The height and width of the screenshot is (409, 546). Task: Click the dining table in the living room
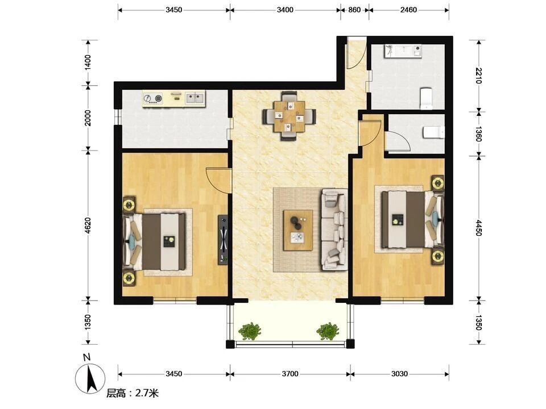pos(289,116)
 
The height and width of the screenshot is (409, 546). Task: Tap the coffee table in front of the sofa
pos(297,230)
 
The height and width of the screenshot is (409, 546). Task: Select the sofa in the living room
pos(334,229)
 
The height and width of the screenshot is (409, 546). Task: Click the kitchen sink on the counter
pos(195,98)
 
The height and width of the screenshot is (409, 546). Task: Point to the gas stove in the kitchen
pos(154,98)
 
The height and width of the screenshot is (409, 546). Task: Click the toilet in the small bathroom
pos(434,132)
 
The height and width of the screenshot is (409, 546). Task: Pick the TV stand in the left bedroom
pos(223,240)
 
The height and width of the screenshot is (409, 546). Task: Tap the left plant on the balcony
pos(250,331)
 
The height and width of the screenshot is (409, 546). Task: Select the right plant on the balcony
pos(328,331)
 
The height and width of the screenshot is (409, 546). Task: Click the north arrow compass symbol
pos(90,378)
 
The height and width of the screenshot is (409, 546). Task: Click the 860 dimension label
pos(354,10)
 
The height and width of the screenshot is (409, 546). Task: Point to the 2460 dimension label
pos(408,10)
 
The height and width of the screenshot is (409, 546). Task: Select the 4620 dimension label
pos(88,226)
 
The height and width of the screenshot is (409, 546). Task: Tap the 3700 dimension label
pos(290,374)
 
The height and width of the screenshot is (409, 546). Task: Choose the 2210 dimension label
pos(479,76)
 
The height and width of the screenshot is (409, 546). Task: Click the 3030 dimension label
pos(399,374)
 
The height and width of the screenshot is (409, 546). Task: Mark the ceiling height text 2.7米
pos(147,393)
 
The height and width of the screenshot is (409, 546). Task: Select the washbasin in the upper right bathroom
pos(403,51)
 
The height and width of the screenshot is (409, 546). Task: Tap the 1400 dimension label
pos(88,62)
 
